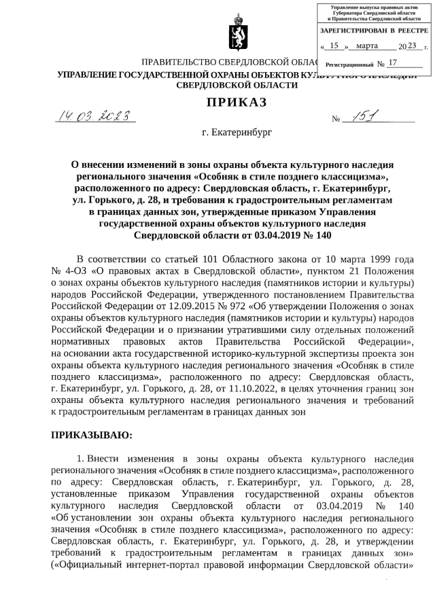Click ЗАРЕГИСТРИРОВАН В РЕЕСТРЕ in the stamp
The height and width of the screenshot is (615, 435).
point(374,31)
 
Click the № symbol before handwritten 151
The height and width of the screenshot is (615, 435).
point(336,120)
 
